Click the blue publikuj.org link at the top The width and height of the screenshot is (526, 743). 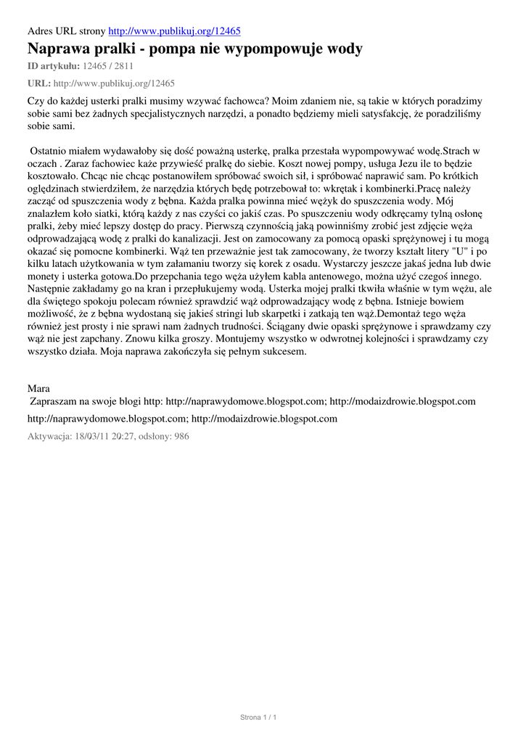tap(174, 31)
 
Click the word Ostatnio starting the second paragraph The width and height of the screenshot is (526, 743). tap(52, 151)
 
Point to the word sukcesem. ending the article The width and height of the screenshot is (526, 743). tap(285, 352)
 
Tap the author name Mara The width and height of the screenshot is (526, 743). tap(38, 390)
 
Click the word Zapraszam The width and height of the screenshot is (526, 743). tap(55, 401)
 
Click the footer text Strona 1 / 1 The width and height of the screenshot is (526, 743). tap(259, 718)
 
